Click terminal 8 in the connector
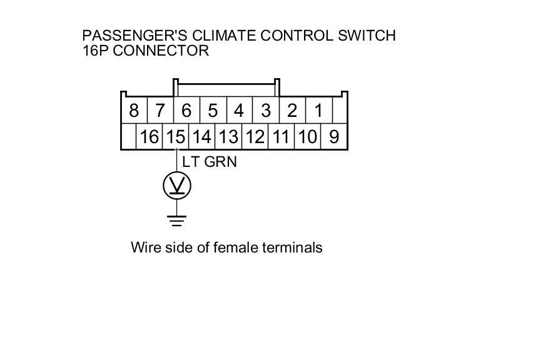coord(133,111)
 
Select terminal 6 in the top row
coord(186,111)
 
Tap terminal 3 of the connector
coord(266,111)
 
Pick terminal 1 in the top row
coord(318,111)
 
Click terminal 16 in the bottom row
coord(150,137)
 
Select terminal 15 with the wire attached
coord(176,137)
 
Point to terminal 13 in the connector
coord(228,137)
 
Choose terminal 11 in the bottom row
coord(281,137)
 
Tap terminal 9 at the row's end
coord(334,137)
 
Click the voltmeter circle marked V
coord(176,186)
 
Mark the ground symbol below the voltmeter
coord(176,220)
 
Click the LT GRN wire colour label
coord(210,161)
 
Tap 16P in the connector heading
coord(96,51)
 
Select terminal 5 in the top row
coord(213,111)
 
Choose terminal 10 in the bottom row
coord(307,137)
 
